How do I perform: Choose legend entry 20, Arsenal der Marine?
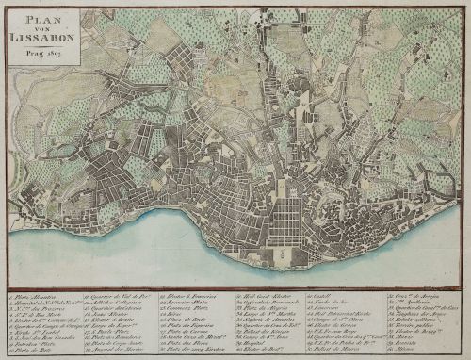tap(117, 353)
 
